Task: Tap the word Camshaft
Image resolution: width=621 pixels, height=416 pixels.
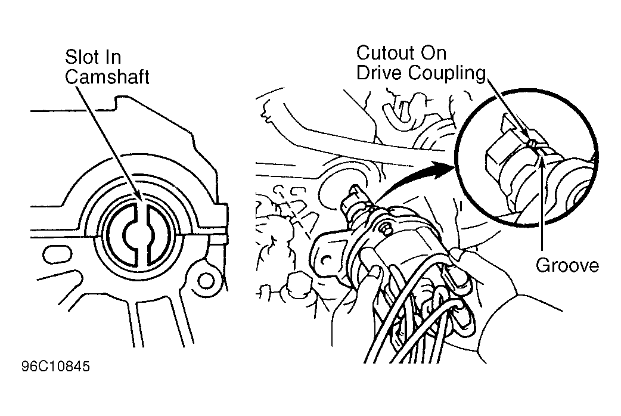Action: click(x=107, y=77)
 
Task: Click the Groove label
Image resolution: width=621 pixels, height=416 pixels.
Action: click(x=567, y=265)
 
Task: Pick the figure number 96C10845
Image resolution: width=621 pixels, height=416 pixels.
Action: click(x=56, y=367)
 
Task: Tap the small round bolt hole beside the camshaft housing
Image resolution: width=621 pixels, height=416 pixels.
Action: click(x=206, y=281)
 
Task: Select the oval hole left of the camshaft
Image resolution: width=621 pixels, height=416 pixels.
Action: click(x=57, y=254)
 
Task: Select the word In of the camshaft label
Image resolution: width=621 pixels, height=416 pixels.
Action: click(x=113, y=57)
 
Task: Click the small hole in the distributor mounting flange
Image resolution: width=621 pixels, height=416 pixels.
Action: click(x=326, y=260)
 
